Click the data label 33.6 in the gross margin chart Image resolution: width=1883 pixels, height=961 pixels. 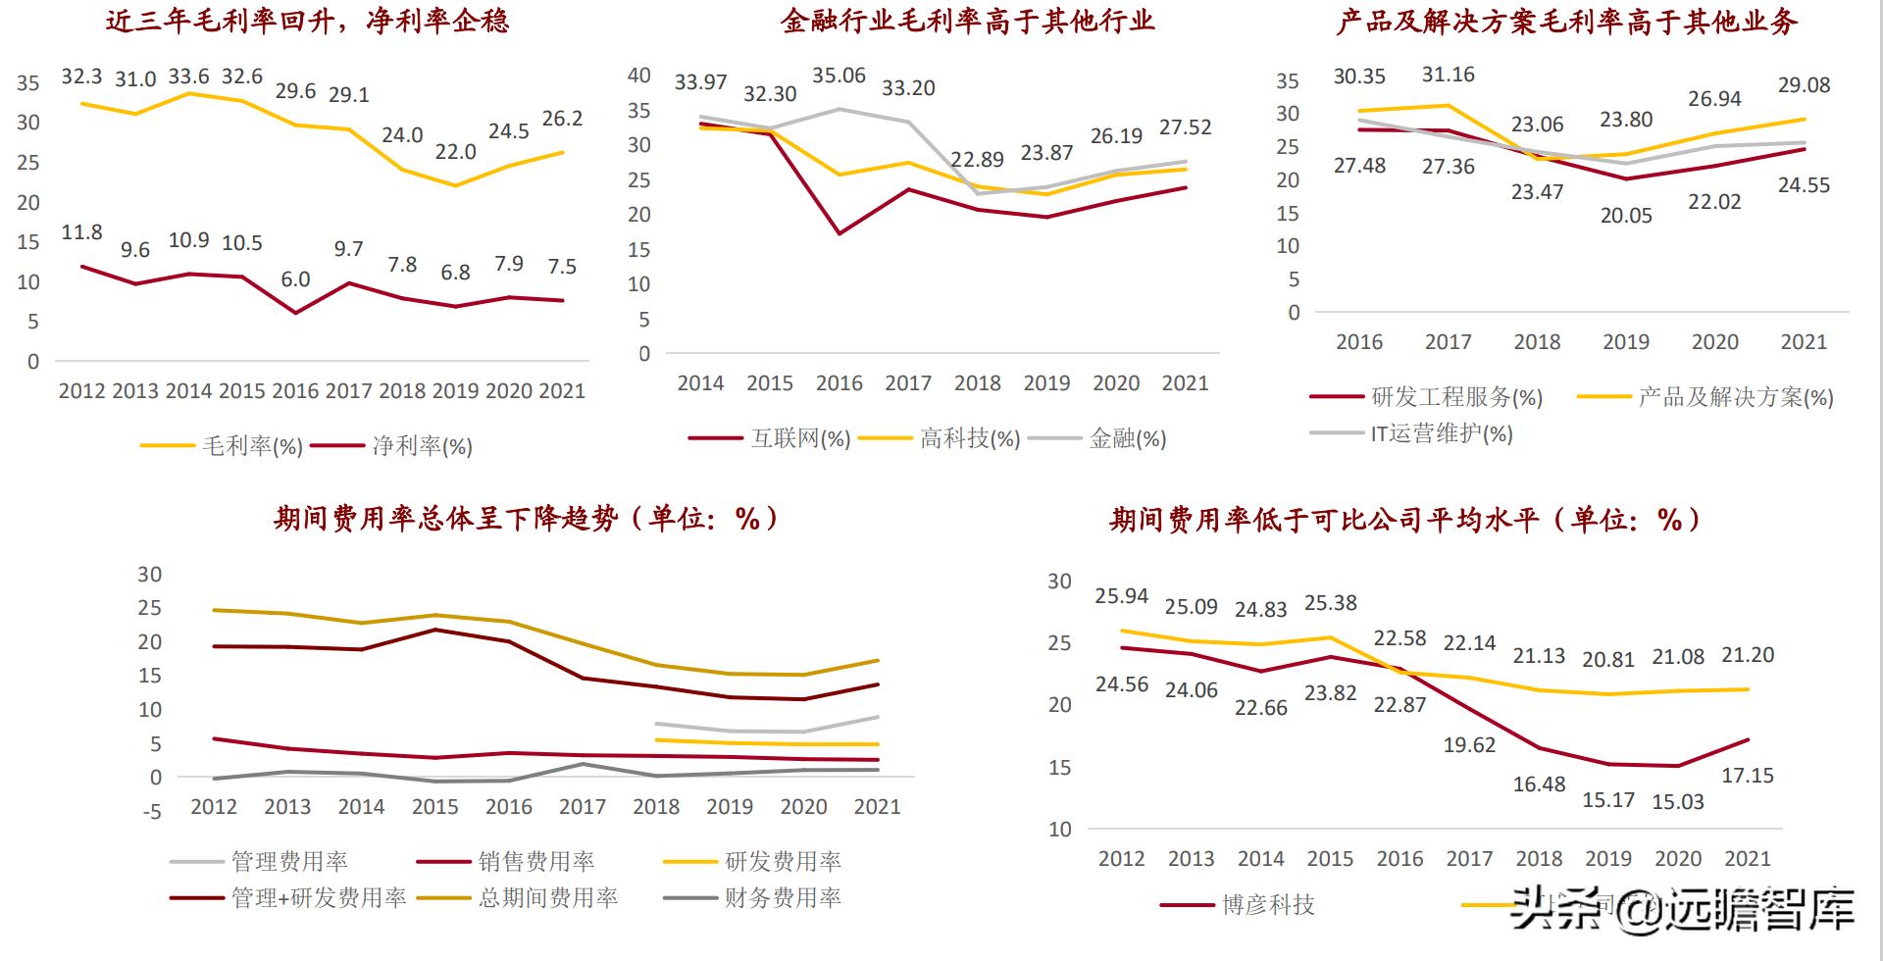[188, 76]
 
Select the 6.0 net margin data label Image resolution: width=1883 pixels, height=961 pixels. [295, 279]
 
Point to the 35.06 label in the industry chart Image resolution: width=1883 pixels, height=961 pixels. [839, 76]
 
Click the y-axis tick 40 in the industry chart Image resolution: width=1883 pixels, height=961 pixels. [639, 76]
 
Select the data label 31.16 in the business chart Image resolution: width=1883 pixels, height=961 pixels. [1448, 75]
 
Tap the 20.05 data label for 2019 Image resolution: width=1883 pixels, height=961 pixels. [1626, 216]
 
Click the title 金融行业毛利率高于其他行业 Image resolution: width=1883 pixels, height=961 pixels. [967, 21]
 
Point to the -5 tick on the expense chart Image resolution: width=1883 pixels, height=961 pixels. [152, 812]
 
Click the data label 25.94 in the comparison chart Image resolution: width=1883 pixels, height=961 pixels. [1121, 596]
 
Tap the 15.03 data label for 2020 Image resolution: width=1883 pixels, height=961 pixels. [1677, 802]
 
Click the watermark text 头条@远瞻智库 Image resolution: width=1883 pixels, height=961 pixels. [1682, 909]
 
